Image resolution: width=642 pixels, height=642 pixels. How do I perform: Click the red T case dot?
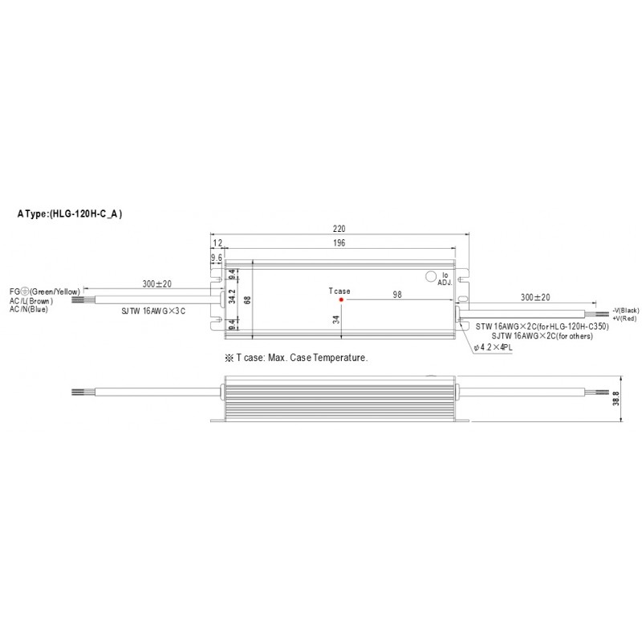(341, 299)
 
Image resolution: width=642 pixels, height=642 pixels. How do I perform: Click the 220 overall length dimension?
(342, 229)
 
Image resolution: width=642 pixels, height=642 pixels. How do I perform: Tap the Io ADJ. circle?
(429, 275)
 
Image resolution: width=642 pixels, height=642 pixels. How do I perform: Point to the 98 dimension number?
(396, 294)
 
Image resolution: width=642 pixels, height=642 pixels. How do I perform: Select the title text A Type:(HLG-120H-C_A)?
(70, 214)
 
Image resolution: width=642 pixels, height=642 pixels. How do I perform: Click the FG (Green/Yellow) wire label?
(44, 292)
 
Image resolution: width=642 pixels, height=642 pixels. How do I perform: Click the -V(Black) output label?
(625, 310)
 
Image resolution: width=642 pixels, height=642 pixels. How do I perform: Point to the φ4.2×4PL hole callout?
(494, 347)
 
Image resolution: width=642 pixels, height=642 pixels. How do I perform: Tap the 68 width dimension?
(248, 299)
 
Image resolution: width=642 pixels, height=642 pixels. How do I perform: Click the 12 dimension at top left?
(217, 243)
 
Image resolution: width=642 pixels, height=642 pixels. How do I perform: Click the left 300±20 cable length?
(157, 285)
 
